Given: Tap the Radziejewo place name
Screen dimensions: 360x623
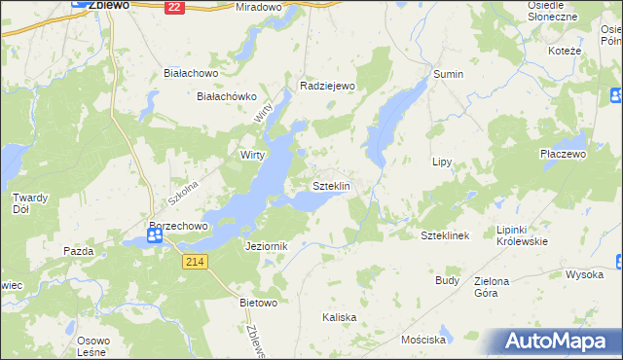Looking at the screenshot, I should tap(329, 86).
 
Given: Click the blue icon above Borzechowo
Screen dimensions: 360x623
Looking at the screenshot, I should tap(154, 234).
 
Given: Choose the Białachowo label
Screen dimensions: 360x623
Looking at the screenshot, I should tap(190, 73).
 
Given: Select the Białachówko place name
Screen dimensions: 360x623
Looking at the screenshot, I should tap(226, 96).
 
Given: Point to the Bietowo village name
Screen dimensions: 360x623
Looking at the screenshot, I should tap(259, 303).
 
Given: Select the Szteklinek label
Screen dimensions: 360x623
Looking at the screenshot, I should tap(445, 235).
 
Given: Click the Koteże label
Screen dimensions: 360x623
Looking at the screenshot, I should tap(565, 51).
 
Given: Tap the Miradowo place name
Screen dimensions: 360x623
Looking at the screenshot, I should tap(258, 7).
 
